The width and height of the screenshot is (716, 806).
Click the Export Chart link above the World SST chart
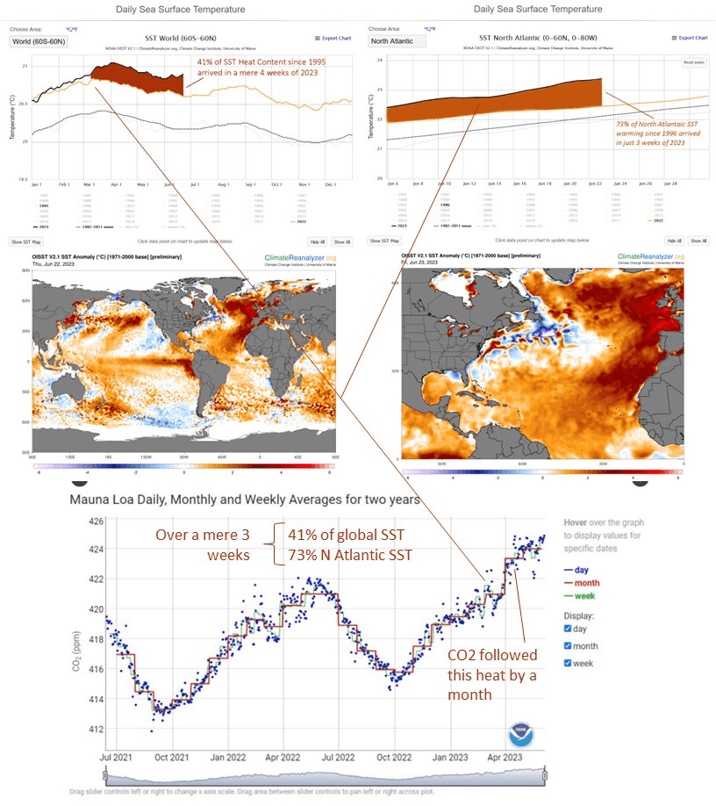pyautogui.click(x=333, y=38)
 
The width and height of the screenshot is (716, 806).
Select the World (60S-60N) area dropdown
pyautogui.click(x=38, y=40)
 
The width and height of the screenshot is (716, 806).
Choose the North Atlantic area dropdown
pyautogui.click(x=397, y=40)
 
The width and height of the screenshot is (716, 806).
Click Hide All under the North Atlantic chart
pyautogui.click(x=673, y=240)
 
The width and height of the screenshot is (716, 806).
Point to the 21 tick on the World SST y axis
pyautogui.click(x=24, y=66)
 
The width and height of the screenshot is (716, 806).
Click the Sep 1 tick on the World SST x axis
pyautogui.click(x=251, y=185)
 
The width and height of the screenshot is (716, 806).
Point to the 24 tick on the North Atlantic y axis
pyautogui.click(x=380, y=60)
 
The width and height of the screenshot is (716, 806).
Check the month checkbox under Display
pyautogui.click(x=568, y=646)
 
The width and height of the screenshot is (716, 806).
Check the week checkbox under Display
pyautogui.click(x=568, y=663)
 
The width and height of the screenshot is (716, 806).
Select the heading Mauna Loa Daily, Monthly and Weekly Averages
pyautogui.click(x=244, y=499)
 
